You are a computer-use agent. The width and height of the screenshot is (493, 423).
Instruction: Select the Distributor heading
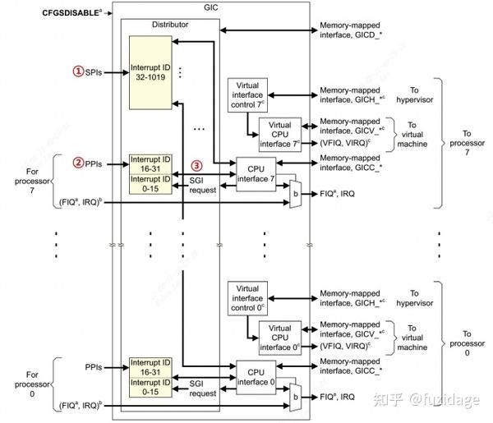(x=171, y=25)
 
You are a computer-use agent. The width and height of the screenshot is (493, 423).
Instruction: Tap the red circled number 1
(x=79, y=71)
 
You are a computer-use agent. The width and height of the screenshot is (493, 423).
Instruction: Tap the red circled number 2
(x=79, y=163)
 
